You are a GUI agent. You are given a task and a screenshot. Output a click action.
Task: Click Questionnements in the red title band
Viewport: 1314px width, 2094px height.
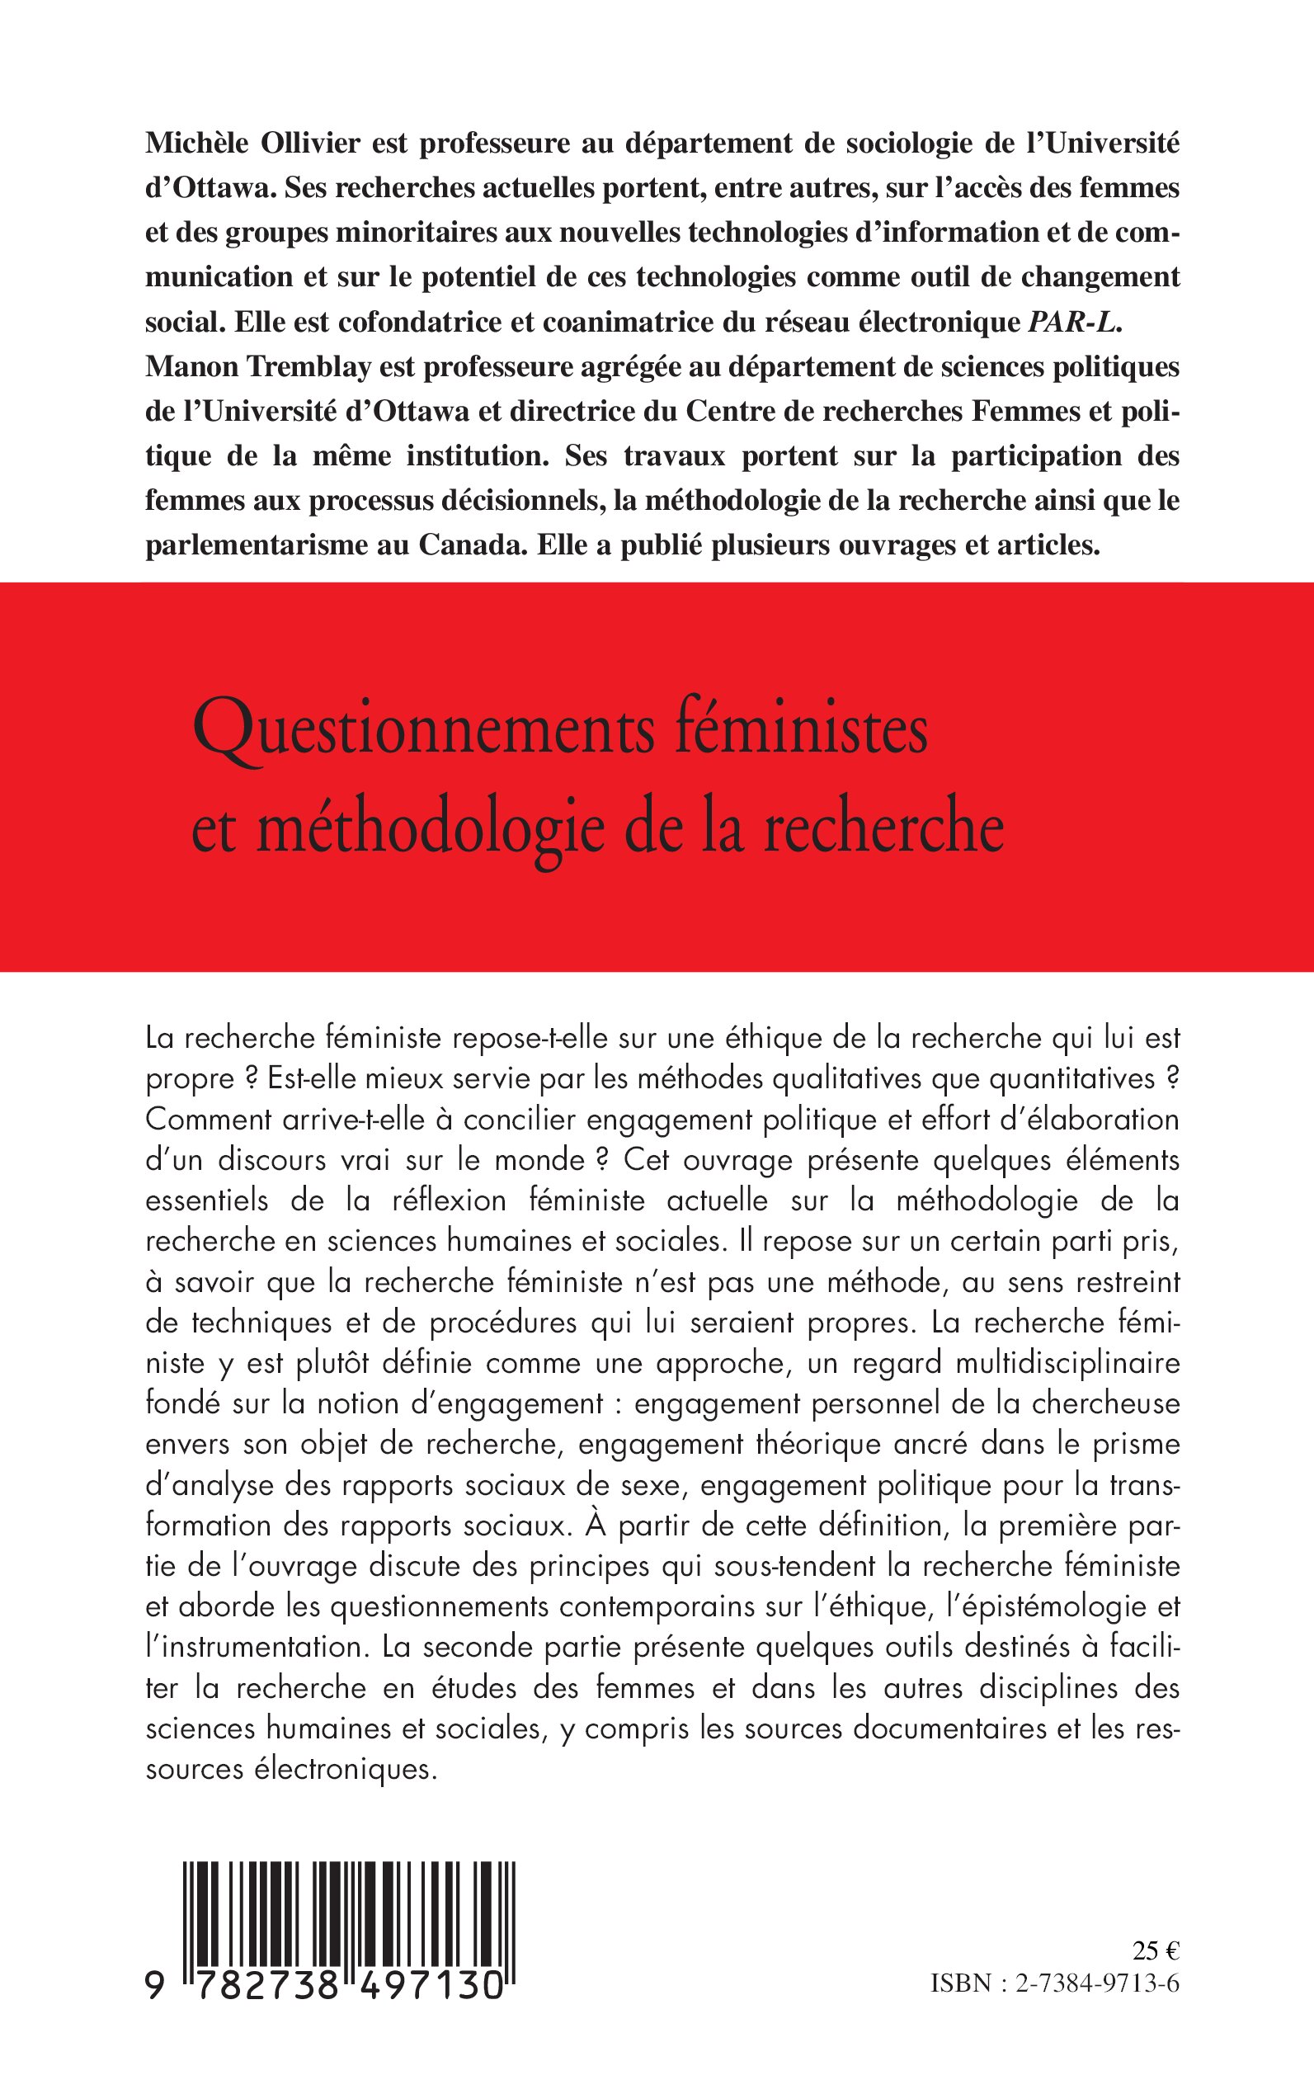click(423, 732)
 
